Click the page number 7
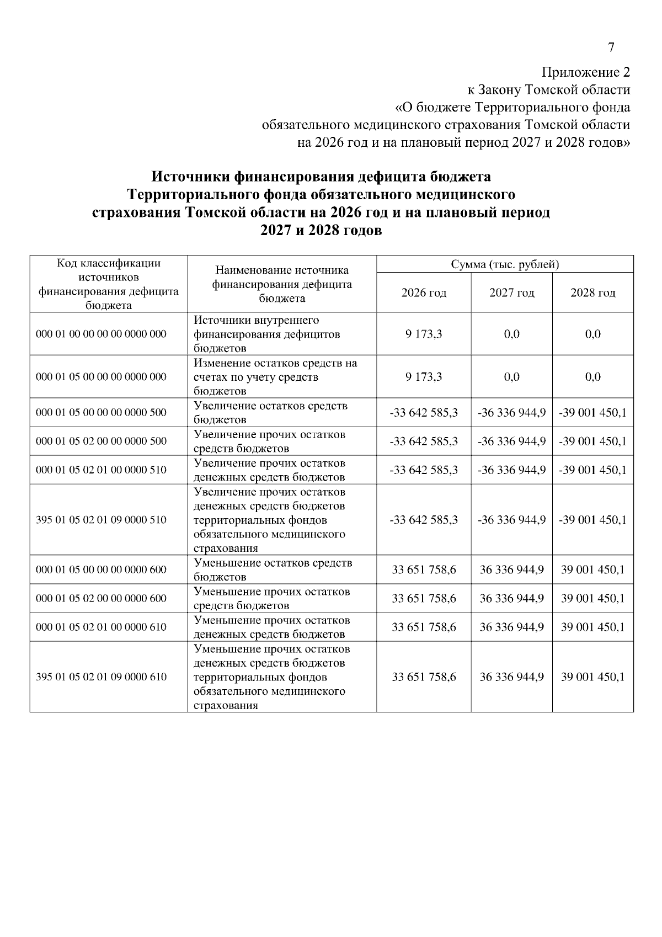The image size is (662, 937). [611, 47]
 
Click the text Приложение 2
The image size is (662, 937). [585, 72]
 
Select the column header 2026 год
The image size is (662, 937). [424, 292]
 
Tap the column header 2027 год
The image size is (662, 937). [511, 292]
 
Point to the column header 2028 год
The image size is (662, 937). [592, 292]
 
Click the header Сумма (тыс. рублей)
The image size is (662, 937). [505, 264]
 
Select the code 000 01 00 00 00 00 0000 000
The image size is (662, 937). [102, 334]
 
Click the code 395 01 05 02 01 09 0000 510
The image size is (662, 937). [102, 520]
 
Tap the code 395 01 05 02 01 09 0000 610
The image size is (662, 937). [102, 677]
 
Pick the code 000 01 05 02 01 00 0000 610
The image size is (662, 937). [102, 627]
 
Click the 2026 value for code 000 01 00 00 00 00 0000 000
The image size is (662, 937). [424, 334]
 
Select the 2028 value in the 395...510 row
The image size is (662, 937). [592, 520]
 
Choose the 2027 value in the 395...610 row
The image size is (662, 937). [511, 677]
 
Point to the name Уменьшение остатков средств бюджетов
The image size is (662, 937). [273, 569]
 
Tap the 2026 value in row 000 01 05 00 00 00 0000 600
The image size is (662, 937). [424, 569]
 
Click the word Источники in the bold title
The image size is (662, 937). [191, 177]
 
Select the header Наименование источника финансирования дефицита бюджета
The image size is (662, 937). [282, 284]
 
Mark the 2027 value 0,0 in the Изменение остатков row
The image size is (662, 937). [511, 377]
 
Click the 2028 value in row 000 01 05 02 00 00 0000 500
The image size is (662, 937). [592, 441]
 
